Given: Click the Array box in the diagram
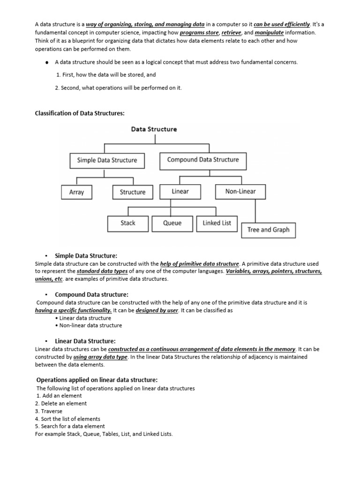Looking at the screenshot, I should click(x=76, y=192).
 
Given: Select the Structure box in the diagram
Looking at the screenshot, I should click(x=133, y=192).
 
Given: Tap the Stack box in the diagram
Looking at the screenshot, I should click(x=127, y=223).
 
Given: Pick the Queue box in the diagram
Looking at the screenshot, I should click(x=172, y=223).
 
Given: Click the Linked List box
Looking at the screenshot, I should click(x=217, y=223).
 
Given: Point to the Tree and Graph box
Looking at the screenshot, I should click(x=268, y=230).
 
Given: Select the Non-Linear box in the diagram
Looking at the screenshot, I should click(x=240, y=191).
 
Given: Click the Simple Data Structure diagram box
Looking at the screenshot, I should click(x=107, y=160).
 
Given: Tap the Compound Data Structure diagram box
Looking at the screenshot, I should click(x=203, y=160).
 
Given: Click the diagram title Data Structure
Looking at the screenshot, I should click(x=154, y=129).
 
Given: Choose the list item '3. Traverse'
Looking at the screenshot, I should click(x=49, y=411).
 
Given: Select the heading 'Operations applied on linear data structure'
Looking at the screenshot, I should click(x=97, y=380).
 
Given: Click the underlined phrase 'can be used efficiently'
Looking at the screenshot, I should click(x=282, y=24).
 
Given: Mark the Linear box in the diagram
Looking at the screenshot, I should click(x=180, y=191).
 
